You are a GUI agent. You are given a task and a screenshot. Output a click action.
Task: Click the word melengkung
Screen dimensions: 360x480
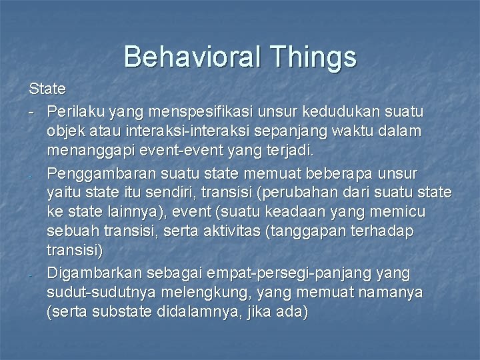tap(210, 293)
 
